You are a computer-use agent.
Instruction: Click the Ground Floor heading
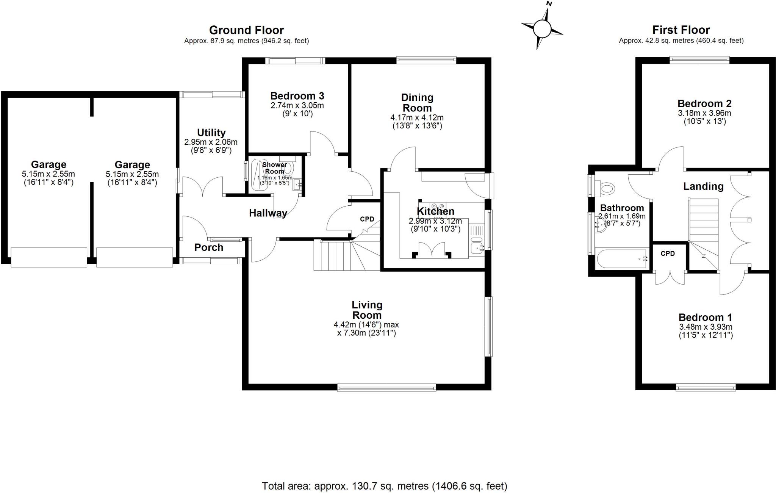(246, 30)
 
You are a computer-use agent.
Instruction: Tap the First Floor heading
(681, 30)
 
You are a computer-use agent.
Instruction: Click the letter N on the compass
(549, 4)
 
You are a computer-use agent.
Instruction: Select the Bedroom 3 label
(297, 96)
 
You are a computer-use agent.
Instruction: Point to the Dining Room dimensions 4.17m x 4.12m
(417, 117)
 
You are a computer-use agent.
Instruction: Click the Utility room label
(211, 133)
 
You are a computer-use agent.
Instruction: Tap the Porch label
(208, 247)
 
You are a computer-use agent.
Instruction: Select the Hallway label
(268, 213)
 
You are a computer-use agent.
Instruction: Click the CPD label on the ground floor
(367, 219)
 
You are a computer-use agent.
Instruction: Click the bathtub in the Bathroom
(621, 259)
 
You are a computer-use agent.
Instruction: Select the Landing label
(703, 186)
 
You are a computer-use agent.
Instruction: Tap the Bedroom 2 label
(704, 103)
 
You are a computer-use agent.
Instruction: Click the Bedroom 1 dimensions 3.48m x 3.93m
(706, 327)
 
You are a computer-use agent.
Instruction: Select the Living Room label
(367, 310)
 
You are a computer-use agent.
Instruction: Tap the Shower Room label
(274, 168)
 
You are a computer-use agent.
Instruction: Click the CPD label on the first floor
(668, 254)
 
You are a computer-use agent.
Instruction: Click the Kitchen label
(435, 211)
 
